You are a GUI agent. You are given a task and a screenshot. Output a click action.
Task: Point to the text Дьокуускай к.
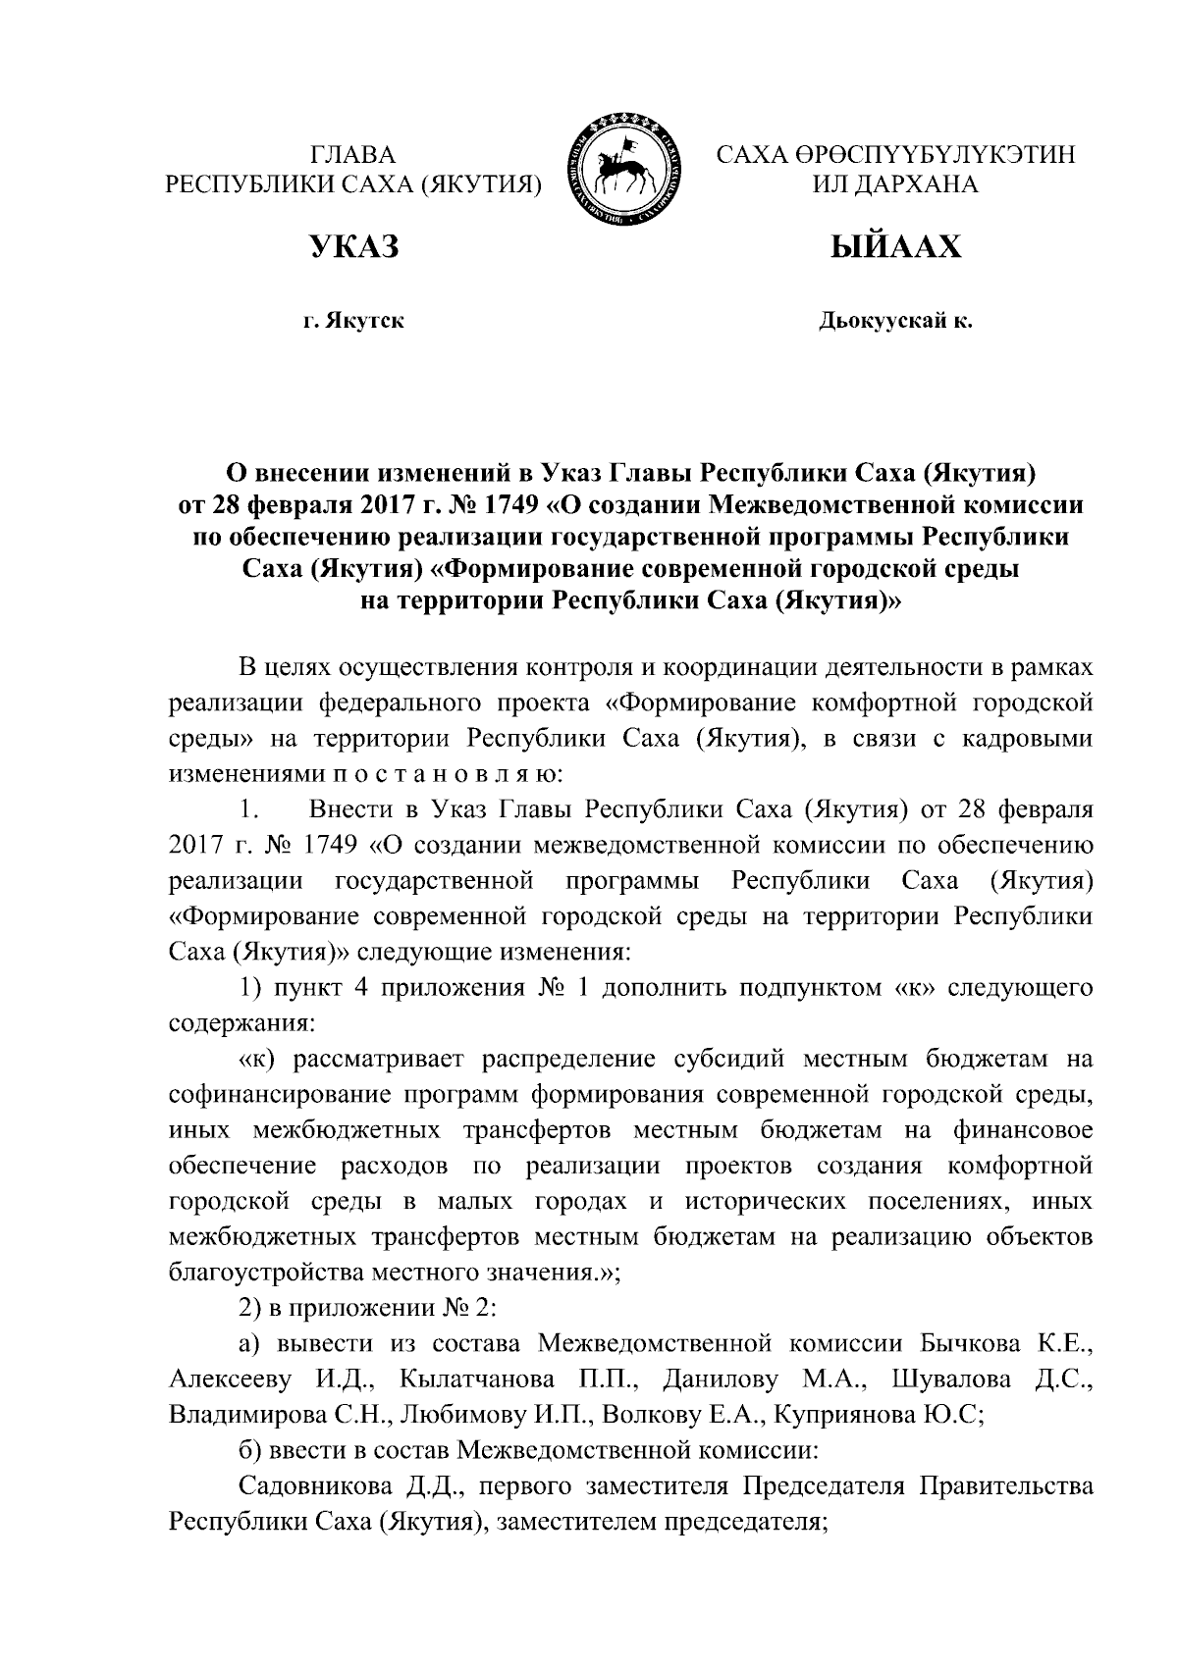click(895, 321)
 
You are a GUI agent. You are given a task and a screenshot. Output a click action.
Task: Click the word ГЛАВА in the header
click(352, 155)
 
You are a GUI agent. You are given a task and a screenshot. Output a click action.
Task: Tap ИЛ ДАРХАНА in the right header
click(894, 184)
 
